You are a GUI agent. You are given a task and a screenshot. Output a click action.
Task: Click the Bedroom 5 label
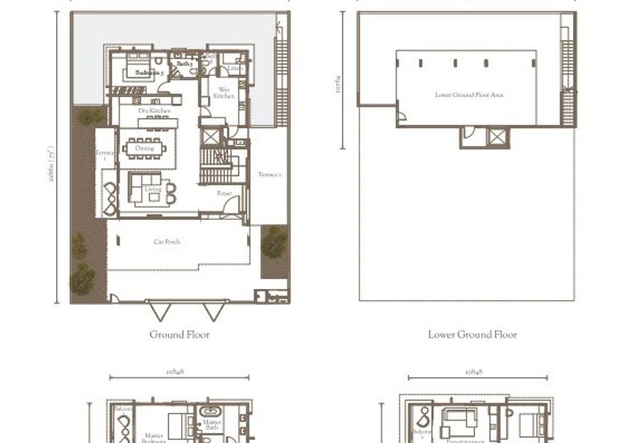pos(149,73)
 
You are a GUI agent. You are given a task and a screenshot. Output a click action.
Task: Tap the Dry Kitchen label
pos(152,111)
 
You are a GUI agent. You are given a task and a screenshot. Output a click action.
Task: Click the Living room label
pos(152,189)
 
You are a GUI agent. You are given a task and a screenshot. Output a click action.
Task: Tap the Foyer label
pos(225,193)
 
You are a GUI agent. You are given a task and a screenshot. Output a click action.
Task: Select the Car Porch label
pos(167,241)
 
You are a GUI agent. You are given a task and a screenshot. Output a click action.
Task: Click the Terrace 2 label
pos(270,174)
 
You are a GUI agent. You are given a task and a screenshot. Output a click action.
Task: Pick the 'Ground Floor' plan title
pos(179,335)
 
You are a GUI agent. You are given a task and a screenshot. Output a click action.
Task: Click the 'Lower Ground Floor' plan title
pos(473,335)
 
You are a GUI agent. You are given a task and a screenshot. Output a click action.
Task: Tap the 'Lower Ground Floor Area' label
pos(469,95)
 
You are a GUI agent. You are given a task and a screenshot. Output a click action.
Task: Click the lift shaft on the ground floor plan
pos(210,136)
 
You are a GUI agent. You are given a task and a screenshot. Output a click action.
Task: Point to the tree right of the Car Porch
pos(274,241)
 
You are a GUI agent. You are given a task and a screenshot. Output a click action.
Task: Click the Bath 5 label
pos(184,62)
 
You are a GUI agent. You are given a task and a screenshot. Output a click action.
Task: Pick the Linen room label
pos(235,68)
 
